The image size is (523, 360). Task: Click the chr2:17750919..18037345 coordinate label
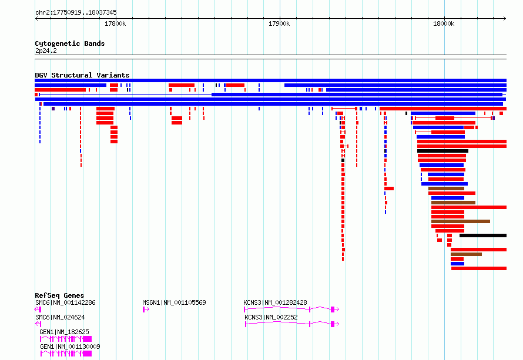[76, 13]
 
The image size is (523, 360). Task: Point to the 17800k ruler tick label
[115, 23]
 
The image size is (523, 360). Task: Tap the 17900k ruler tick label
[279, 23]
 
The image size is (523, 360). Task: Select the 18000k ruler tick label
[444, 23]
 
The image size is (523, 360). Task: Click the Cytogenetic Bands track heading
[70, 43]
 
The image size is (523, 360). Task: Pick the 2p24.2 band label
[46, 51]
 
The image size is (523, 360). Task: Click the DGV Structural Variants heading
[82, 75]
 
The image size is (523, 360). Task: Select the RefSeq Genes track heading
[59, 295]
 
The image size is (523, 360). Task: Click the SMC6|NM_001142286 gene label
[65, 302]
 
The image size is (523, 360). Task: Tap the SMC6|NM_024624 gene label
[60, 317]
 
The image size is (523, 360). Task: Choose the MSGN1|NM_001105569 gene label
[174, 302]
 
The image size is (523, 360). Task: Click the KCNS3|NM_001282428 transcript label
[275, 302]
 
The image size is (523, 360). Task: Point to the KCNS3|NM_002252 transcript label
[271, 317]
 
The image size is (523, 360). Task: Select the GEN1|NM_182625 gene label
[65, 332]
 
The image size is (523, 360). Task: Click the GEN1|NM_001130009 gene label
[70, 346]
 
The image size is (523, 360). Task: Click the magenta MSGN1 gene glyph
[146, 309]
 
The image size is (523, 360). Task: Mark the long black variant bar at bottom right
[483, 235]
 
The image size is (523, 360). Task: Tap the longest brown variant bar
[461, 221]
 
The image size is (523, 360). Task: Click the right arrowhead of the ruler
[505, 18]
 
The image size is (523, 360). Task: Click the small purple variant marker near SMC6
[53, 109]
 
